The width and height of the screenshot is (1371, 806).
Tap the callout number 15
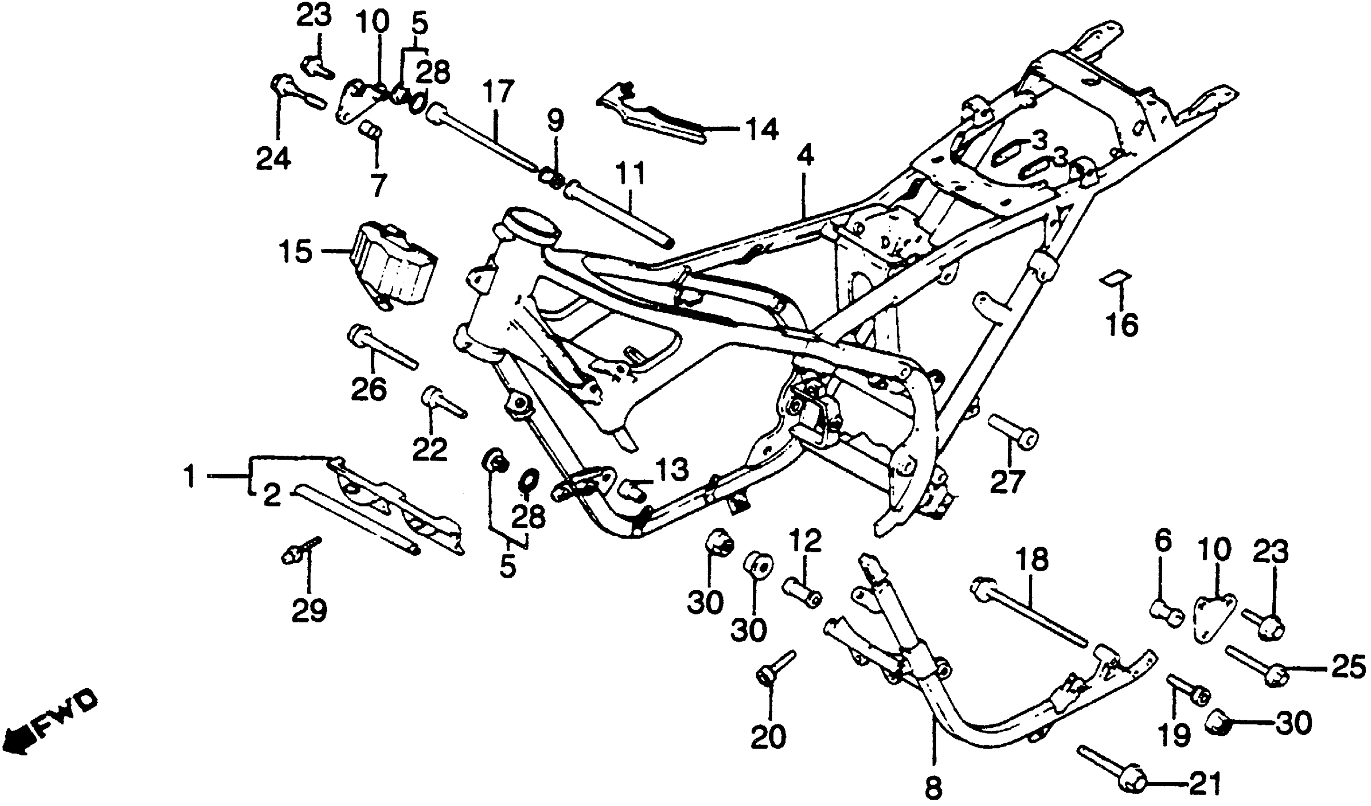(296, 252)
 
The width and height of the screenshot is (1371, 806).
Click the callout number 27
(1008, 481)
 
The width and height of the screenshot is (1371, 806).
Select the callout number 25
(1348, 667)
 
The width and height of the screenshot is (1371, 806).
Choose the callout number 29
(309, 610)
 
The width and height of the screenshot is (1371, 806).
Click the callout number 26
(369, 389)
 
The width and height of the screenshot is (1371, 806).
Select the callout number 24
(274, 159)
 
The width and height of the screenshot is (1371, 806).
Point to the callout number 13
(672, 470)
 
